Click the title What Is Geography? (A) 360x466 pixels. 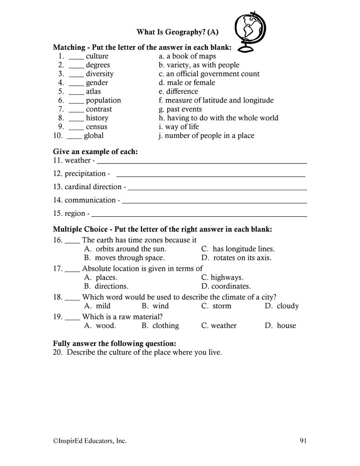point(177,32)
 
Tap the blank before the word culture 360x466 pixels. point(76,56)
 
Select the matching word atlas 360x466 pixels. point(93,91)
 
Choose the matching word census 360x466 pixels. point(96,127)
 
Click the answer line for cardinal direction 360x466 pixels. point(217,189)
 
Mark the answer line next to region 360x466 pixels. point(200,215)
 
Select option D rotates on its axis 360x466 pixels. point(236,258)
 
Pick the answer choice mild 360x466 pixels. point(97,306)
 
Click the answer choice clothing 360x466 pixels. point(160,326)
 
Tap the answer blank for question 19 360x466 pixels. point(72,317)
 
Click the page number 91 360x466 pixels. point(303,440)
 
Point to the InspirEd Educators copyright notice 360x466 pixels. point(89,440)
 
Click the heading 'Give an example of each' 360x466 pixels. point(95,151)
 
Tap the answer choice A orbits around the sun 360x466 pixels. point(125,249)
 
